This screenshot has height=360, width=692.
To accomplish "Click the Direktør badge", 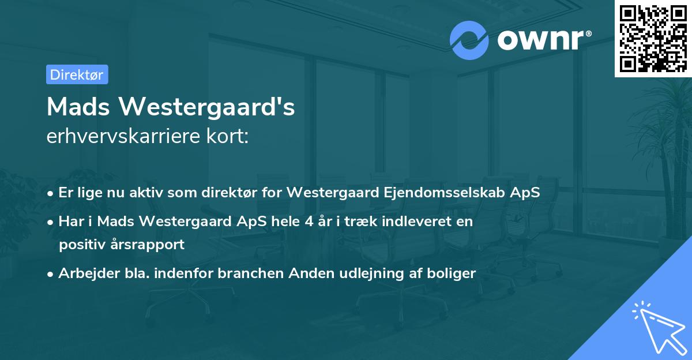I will click(x=77, y=74).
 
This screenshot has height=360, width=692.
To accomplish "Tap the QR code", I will click(x=653, y=38).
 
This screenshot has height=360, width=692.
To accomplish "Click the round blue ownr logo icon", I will click(x=469, y=40).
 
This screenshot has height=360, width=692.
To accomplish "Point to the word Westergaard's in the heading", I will click(x=211, y=107).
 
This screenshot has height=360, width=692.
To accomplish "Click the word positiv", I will click(x=81, y=244).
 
